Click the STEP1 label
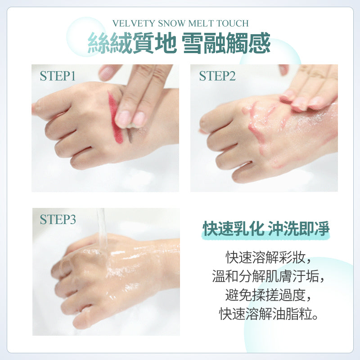tap(58, 76)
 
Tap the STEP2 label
tap(217, 76)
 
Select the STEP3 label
tap(58, 219)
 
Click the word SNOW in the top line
tap(172, 23)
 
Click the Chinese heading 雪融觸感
tap(226, 43)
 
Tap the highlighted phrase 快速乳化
tap(233, 229)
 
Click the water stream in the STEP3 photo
tap(102, 229)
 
